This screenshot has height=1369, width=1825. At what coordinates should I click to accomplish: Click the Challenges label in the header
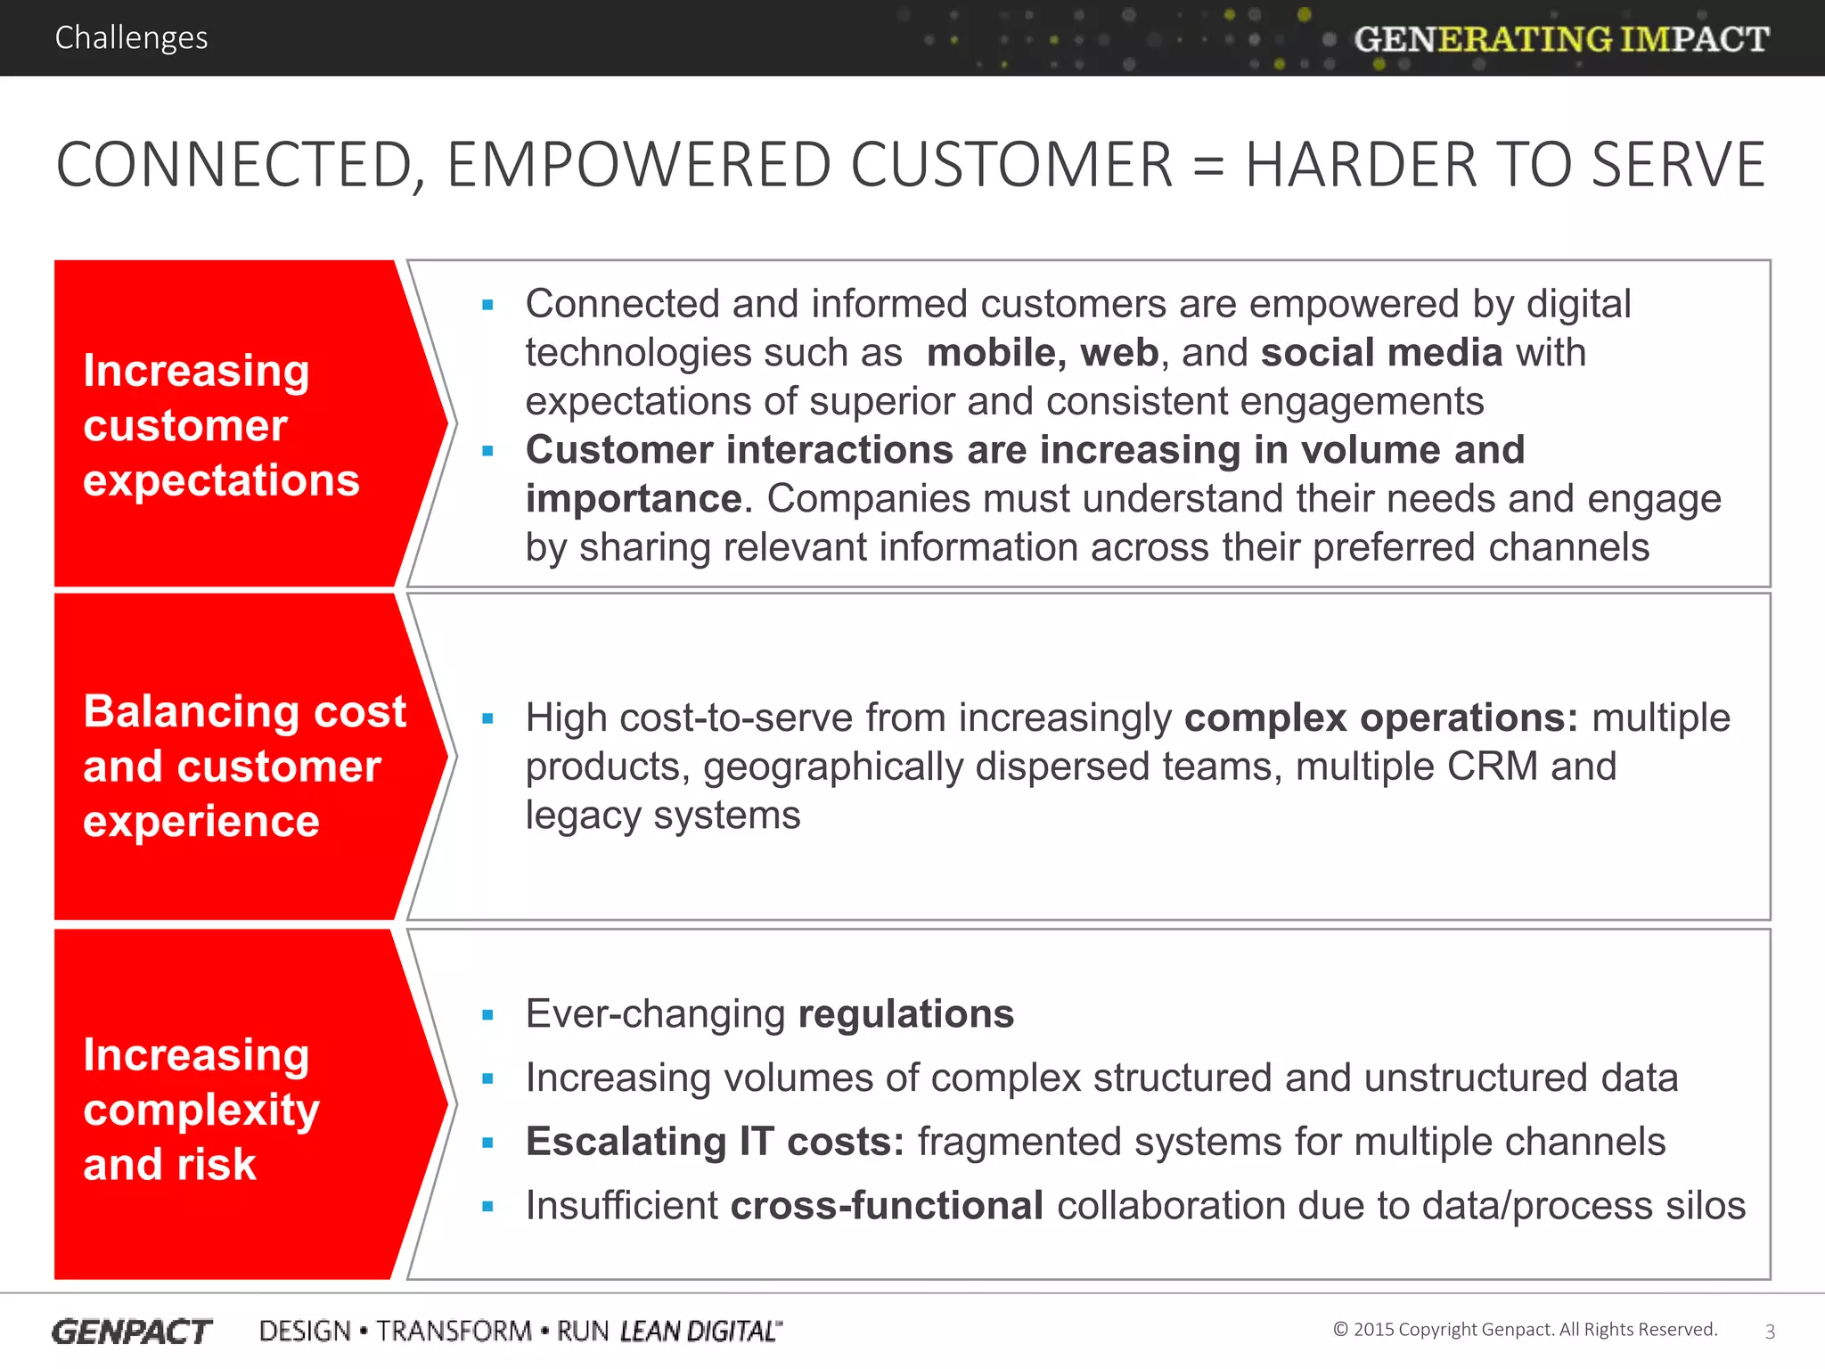(x=131, y=37)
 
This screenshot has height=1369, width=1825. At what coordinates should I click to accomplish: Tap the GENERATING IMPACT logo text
(x=1561, y=39)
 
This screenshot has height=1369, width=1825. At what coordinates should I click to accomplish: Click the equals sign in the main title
(x=1208, y=165)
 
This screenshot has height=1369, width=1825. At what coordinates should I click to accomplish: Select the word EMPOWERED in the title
(x=638, y=165)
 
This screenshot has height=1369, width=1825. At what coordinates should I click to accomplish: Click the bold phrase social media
(x=1381, y=353)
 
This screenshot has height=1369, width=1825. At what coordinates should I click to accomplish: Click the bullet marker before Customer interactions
(x=487, y=451)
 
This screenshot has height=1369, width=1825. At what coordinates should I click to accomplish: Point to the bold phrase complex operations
(x=1380, y=717)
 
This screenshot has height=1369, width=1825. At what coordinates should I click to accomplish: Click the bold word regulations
(x=905, y=1014)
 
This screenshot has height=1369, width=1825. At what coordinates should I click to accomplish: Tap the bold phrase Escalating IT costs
(x=715, y=1142)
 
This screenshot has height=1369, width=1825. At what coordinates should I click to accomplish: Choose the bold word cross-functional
(x=887, y=1206)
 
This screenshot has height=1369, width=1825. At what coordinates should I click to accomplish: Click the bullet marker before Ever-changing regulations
(x=487, y=1015)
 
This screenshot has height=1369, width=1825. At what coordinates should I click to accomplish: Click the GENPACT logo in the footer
(x=132, y=1332)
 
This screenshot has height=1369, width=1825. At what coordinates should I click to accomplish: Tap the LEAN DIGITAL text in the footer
(x=700, y=1332)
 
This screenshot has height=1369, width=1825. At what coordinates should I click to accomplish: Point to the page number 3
(x=1770, y=1332)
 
